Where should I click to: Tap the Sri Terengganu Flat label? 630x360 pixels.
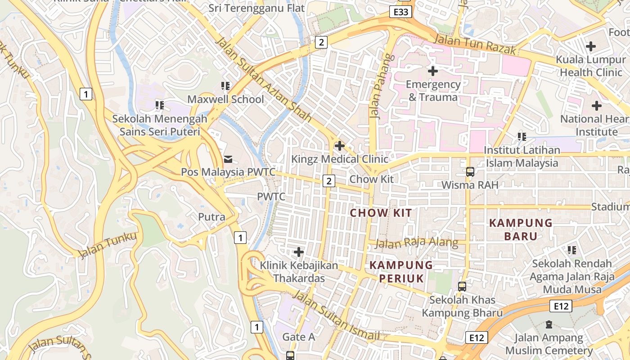click(x=256, y=8)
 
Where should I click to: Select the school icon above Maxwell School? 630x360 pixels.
click(x=225, y=85)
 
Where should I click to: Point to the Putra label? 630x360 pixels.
click(x=211, y=217)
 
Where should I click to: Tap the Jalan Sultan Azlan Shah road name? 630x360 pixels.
click(x=264, y=79)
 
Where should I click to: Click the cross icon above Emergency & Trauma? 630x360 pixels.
click(x=433, y=71)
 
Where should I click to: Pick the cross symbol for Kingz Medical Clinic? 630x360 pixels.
click(x=340, y=146)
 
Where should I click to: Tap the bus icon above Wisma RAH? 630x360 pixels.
click(x=470, y=171)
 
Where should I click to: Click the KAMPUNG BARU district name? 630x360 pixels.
click(x=521, y=229)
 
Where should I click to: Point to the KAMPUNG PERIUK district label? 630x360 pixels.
click(x=401, y=272)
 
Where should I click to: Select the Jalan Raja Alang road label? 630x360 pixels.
click(x=417, y=243)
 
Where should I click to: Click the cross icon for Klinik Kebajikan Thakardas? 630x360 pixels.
click(x=299, y=252)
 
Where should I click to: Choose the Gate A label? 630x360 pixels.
click(x=298, y=337)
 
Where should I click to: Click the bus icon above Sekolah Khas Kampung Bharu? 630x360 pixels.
click(x=462, y=287)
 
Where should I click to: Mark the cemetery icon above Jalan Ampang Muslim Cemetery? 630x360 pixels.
click(x=549, y=324)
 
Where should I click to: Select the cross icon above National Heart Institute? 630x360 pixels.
click(x=597, y=106)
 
